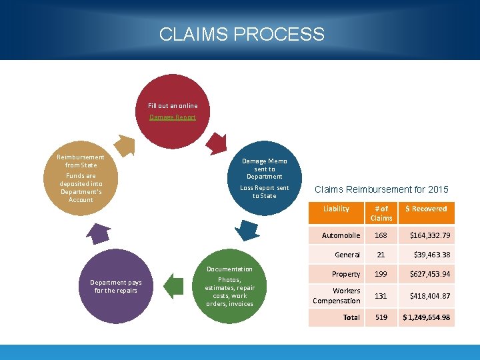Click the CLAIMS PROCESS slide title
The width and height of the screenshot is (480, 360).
pyautogui.click(x=241, y=34)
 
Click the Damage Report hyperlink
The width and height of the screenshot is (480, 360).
pyautogui.click(x=173, y=117)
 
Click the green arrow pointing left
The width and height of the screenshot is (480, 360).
pyautogui.click(x=173, y=287)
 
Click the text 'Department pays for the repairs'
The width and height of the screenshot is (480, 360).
pyautogui.click(x=115, y=286)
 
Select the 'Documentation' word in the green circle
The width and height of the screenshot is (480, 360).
pyautogui.click(x=229, y=269)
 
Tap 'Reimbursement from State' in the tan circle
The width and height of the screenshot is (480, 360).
pyautogui.click(x=81, y=161)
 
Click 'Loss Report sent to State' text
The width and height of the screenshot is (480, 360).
pyautogui.click(x=265, y=192)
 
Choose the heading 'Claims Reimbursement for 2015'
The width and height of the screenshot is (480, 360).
pyautogui.click(x=381, y=190)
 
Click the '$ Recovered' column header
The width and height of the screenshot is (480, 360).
pyautogui.click(x=426, y=209)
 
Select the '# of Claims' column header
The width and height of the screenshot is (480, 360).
pyautogui.click(x=381, y=213)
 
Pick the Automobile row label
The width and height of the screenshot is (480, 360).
pyautogui.click(x=341, y=235)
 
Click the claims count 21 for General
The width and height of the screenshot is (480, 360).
pyautogui.click(x=381, y=255)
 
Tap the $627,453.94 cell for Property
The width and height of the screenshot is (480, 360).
pyautogui.click(x=426, y=274)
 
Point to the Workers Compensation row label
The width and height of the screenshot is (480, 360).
pyautogui.click(x=337, y=295)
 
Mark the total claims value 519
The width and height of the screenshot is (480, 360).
pyautogui.click(x=381, y=317)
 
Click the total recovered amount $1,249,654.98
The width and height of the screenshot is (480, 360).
pyautogui.click(x=426, y=317)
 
